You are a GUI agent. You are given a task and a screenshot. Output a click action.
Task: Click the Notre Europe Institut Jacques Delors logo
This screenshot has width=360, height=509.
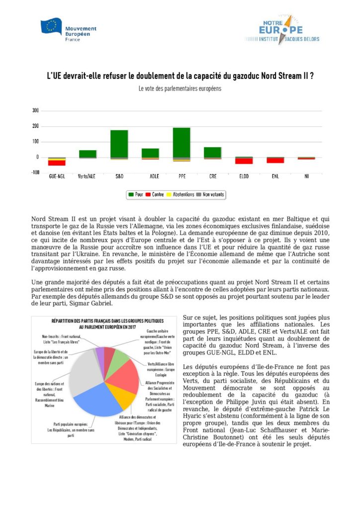pos(281,30)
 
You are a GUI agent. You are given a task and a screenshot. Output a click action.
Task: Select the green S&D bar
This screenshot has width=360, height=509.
pos(119,144)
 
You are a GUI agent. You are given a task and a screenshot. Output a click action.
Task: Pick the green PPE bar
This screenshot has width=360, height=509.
pos(181,142)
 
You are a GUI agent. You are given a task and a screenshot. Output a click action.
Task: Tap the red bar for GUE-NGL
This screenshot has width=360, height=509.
pos(57,163)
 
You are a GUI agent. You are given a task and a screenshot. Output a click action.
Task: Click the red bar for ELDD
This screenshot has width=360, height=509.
pos(244,161)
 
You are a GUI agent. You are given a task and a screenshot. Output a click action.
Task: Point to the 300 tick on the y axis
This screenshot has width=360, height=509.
pos(35,110)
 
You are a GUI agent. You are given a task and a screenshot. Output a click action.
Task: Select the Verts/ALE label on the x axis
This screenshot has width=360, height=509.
pos(88,176)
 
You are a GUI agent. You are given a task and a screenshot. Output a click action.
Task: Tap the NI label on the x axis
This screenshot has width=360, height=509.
pos(306,176)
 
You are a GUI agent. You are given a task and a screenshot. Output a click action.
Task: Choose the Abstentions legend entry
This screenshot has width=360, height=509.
pos(180,194)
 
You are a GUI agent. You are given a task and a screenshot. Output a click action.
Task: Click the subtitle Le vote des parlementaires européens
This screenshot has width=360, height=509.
pos(180,89)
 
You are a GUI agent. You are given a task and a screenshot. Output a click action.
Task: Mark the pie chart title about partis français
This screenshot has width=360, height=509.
pos(105,324)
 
